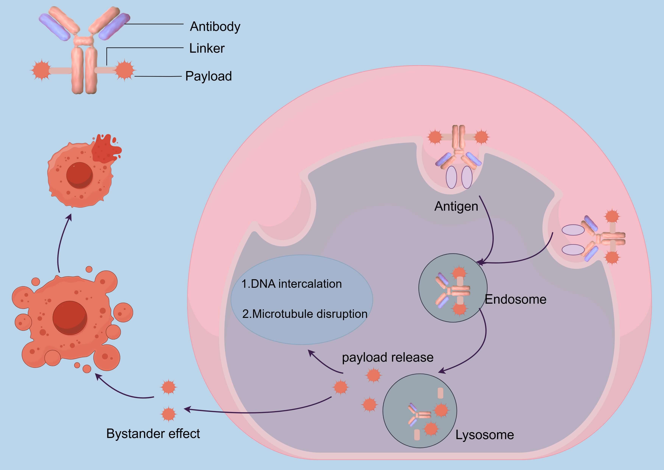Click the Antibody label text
(x=215, y=27)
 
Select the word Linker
(x=207, y=48)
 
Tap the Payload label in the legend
(x=209, y=76)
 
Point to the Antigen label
(x=456, y=206)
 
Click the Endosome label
(x=516, y=299)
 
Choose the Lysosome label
(x=485, y=435)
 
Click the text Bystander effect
(x=153, y=434)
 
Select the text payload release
(x=387, y=357)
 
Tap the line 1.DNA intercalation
(x=291, y=284)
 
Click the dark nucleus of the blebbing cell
(x=70, y=318)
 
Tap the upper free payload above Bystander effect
(x=168, y=387)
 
